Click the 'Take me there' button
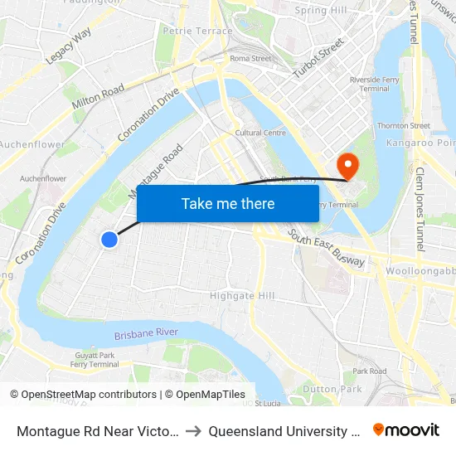(228, 204)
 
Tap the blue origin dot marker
(109, 240)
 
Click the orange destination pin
(347, 165)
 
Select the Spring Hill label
(321, 11)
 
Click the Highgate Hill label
(242, 295)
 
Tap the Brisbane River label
(146, 334)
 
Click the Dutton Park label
(332, 388)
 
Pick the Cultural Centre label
(260, 133)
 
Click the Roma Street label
(250, 59)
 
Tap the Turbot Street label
(318, 58)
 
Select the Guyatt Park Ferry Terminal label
(94, 360)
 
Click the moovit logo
(406, 429)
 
